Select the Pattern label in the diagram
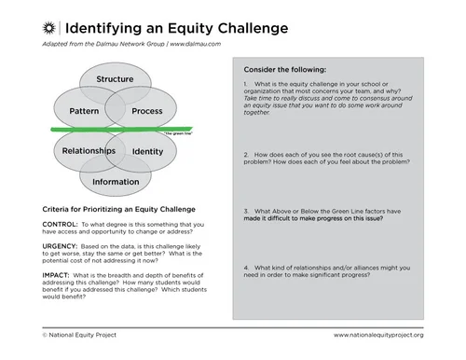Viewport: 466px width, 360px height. click(84, 110)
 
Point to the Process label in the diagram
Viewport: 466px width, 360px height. click(147, 110)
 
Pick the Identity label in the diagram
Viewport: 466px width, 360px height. click(147, 150)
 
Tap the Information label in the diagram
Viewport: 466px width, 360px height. click(116, 182)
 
